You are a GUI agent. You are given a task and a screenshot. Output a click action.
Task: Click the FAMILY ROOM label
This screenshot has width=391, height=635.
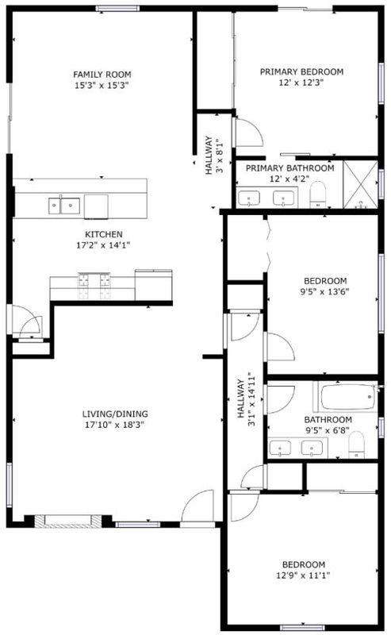pos(102,75)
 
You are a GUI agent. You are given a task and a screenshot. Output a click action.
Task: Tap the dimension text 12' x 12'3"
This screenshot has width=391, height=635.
pos(301,83)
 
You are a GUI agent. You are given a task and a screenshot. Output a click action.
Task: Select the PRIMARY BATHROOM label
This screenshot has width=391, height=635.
pos(289,168)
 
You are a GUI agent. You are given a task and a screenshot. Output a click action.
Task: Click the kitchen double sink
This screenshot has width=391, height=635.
pos(64,206)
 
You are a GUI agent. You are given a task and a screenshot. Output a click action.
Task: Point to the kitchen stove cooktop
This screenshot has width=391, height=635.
pos(94,286)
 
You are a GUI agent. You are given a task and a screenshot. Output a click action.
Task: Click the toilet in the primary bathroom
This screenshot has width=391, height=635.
pos(318,194)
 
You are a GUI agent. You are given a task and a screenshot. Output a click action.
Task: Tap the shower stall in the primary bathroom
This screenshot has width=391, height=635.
pos(360,185)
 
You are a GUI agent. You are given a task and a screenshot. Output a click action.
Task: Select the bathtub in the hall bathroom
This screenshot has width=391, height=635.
pos(348,397)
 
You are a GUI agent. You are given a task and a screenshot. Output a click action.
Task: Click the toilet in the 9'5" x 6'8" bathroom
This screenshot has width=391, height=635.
pos(356,444)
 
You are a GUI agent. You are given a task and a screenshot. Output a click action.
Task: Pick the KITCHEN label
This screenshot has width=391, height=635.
pos(104,234)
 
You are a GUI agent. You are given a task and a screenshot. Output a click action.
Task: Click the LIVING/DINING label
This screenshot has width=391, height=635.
pos(115,414)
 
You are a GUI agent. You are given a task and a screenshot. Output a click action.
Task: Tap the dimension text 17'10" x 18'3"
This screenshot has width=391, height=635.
pos(114,425)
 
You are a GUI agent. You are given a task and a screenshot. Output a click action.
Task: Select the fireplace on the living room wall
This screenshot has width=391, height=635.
pos(67,521)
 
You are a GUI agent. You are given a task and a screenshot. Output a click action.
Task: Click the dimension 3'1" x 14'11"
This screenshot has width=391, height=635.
pos(251,400)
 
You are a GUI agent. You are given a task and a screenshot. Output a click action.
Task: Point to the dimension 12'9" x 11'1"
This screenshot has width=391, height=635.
pos(303,575)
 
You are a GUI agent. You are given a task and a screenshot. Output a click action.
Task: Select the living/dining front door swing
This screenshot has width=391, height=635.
pos(197,506)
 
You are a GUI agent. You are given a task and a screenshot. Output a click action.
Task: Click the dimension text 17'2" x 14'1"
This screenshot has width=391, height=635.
pos(103,245)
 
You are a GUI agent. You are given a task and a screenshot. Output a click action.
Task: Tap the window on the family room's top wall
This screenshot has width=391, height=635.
pos(117,8)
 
